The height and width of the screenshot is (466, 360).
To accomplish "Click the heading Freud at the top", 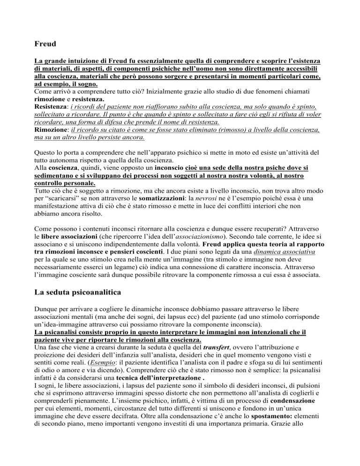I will tap(46, 45).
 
